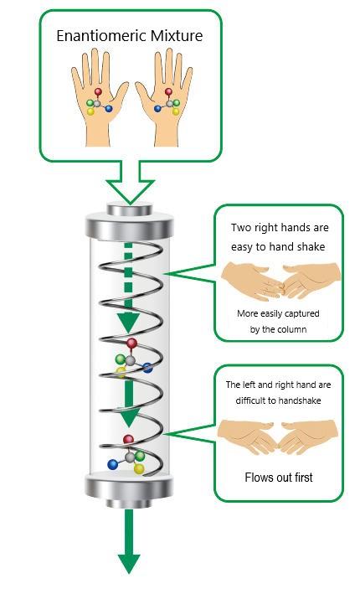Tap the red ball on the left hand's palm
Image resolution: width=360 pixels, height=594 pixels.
pos(98,91)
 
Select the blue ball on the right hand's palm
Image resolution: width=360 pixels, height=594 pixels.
pos(158,109)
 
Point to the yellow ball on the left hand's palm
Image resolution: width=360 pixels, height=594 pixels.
pos(90,111)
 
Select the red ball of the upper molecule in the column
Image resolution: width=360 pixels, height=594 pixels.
pos(131,343)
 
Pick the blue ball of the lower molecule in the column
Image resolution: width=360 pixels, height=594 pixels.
pos(112,464)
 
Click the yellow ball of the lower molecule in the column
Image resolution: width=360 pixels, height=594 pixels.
pos(139,469)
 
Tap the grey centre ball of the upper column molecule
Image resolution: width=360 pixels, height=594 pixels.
pos(131,360)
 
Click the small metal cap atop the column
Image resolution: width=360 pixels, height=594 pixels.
pos(130,209)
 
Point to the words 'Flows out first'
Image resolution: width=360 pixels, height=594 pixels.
pos(279,478)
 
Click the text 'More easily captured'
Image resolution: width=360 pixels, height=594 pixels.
pos(278,313)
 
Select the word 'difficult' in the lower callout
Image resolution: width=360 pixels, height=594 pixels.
pos(249,400)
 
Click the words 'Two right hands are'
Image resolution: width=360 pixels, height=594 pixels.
pos(280,228)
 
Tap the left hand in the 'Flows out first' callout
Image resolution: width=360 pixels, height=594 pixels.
pos(247,436)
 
